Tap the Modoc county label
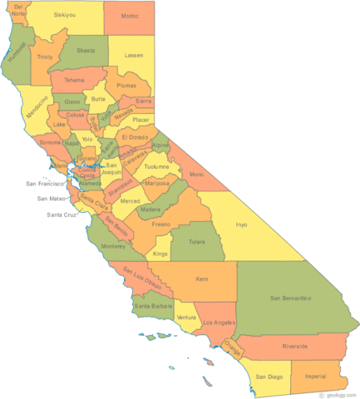(x=130, y=15)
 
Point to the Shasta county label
(x=86, y=50)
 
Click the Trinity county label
(x=45, y=57)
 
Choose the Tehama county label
(x=74, y=80)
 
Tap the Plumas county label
(x=127, y=85)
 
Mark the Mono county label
(x=196, y=175)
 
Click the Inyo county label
(x=241, y=224)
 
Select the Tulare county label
(x=197, y=243)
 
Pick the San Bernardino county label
(x=289, y=297)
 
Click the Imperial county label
(x=317, y=376)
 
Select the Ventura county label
(x=186, y=318)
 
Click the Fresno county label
(x=160, y=224)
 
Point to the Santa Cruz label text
(x=62, y=215)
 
